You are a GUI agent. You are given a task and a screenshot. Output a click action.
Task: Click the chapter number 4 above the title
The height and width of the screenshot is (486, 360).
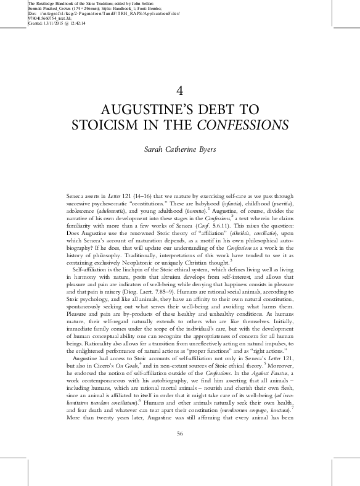point(179,90)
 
